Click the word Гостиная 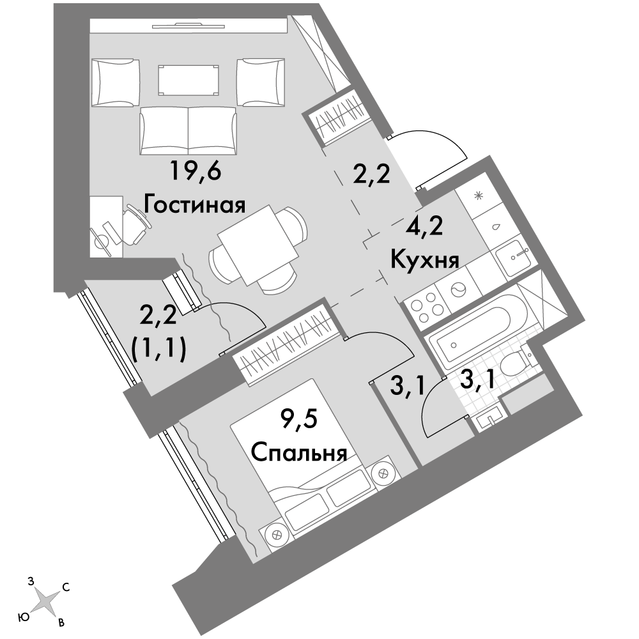click(194, 205)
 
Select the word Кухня click(425, 259)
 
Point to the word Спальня click(298, 452)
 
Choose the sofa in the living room click(188, 130)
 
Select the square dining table click(258, 245)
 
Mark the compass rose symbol click(44, 603)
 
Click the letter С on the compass click(66, 587)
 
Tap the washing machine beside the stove click(458, 289)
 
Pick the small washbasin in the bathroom click(488, 417)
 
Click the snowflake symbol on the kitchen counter click(478, 195)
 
